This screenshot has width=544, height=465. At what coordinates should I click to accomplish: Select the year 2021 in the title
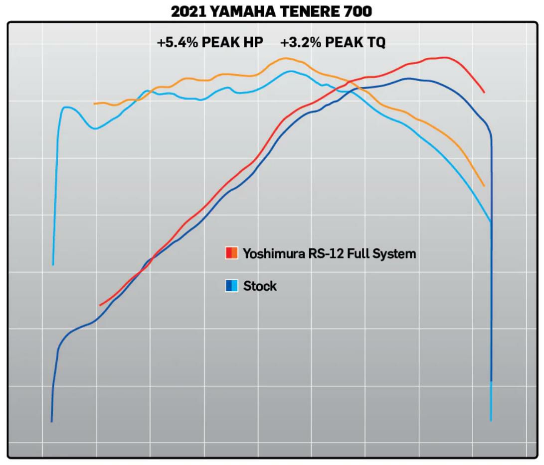(188, 11)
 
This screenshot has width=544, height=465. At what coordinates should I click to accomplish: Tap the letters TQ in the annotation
(376, 43)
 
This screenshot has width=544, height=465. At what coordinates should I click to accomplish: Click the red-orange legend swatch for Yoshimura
(231, 253)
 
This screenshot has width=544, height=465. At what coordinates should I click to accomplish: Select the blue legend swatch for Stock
(231, 286)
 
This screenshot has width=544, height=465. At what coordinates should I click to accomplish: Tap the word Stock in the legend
(260, 286)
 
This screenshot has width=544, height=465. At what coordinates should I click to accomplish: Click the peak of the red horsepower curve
(443, 58)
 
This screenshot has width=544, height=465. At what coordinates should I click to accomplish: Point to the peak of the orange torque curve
(285, 59)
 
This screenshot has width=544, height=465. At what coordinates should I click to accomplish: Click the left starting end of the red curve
(100, 305)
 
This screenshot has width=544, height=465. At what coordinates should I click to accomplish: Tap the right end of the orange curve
(484, 186)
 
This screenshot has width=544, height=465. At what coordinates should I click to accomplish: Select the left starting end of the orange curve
(94, 104)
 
